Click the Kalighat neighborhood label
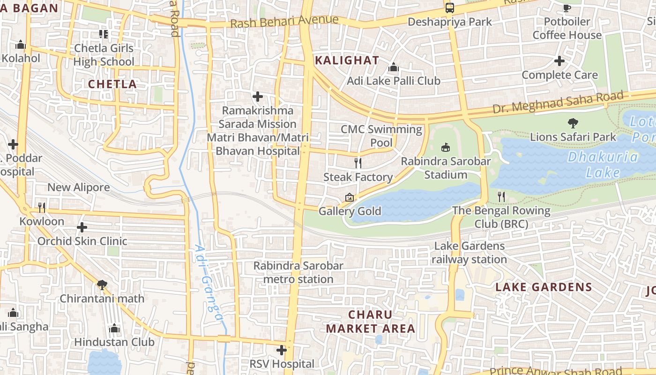tap(347, 60)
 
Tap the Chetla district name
tap(112, 84)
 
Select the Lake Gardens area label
tap(544, 287)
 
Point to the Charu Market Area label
tap(371, 322)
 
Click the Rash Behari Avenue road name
tap(285, 22)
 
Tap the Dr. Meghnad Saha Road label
tap(558, 103)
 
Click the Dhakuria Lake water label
tap(603, 165)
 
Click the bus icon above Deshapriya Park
tap(449, 8)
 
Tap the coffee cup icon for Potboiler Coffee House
tap(567, 8)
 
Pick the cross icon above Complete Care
tap(559, 61)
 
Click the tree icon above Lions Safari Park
tap(573, 123)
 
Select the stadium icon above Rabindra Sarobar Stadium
tap(445, 147)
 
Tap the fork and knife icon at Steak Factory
tap(358, 163)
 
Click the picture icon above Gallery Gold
tap(349, 198)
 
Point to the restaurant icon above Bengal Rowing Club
tap(501, 196)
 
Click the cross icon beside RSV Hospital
tap(282, 350)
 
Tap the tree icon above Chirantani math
tap(102, 285)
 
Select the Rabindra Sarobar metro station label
tap(298, 272)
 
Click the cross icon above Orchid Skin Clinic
tap(82, 227)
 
